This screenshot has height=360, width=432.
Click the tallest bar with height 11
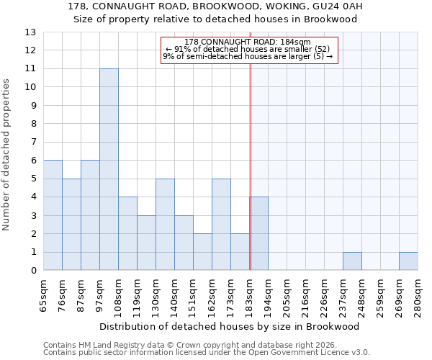click(109, 169)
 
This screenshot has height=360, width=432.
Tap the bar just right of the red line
click(259, 233)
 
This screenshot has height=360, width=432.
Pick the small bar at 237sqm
click(352, 261)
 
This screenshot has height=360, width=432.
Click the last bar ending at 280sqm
click(408, 261)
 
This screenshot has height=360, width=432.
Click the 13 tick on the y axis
click(30, 32)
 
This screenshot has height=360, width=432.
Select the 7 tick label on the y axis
click(32, 142)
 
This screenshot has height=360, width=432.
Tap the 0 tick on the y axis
click(32, 271)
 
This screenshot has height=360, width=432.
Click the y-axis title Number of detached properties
click(7, 155)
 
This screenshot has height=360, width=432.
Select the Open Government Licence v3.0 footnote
click(207, 353)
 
